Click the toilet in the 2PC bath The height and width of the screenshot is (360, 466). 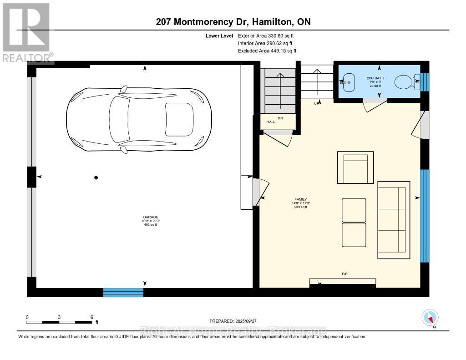pyautogui.click(x=404, y=82)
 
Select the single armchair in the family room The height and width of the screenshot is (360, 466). pyautogui.click(x=355, y=167)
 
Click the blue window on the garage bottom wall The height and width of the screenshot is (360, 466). pyautogui.click(x=123, y=293)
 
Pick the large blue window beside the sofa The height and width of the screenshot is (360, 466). pyautogui.click(x=424, y=216)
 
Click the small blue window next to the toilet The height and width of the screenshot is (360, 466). pyautogui.click(x=424, y=82)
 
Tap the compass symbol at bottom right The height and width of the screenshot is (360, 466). pyautogui.click(x=430, y=317)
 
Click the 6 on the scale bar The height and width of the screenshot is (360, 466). pyautogui.click(x=91, y=317)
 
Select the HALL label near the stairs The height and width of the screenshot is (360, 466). pyautogui.click(x=270, y=122)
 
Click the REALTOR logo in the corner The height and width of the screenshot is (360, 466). pyautogui.click(x=26, y=32)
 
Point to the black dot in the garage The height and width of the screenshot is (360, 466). pyautogui.click(x=96, y=177)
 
